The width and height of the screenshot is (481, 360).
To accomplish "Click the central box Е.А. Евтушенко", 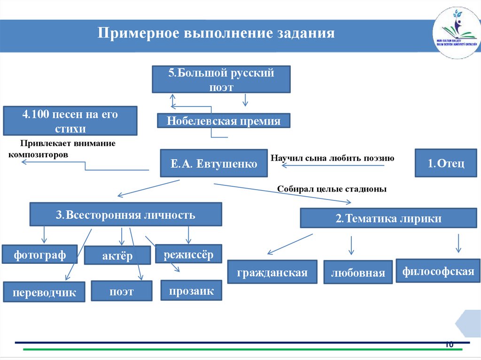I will pyautogui.click(x=214, y=163).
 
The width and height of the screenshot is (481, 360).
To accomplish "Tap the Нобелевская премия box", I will pyautogui.click(x=224, y=121).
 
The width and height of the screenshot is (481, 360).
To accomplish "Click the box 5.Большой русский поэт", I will pyautogui.click(x=221, y=79).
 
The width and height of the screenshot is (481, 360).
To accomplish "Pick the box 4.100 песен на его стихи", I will pyautogui.click(x=70, y=121).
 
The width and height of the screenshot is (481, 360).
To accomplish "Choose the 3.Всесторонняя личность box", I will pyautogui.click(x=125, y=215).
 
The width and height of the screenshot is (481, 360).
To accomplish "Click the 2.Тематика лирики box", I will pyautogui.click(x=388, y=218).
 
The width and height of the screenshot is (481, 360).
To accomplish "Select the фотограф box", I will pyautogui.click(x=39, y=254).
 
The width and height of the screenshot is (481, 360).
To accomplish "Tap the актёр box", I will pyautogui.click(x=117, y=256).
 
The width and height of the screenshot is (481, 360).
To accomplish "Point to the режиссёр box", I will pyautogui.click(x=188, y=254).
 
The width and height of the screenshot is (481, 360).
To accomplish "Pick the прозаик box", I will pyautogui.click(x=191, y=291).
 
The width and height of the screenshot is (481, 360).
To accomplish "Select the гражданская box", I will pyautogui.click(x=272, y=272).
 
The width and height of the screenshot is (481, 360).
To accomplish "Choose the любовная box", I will pyautogui.click(x=358, y=273).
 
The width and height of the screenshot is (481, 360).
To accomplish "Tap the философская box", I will pyautogui.click(x=438, y=271).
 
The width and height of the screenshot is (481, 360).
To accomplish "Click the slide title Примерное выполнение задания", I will pyautogui.click(x=216, y=34).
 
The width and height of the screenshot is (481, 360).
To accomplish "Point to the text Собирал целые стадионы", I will pyautogui.click(x=332, y=189).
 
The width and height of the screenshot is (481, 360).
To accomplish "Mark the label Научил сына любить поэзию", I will pyautogui.click(x=332, y=158).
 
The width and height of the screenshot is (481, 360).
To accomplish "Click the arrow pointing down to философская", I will pyautogui.click(x=459, y=244).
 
